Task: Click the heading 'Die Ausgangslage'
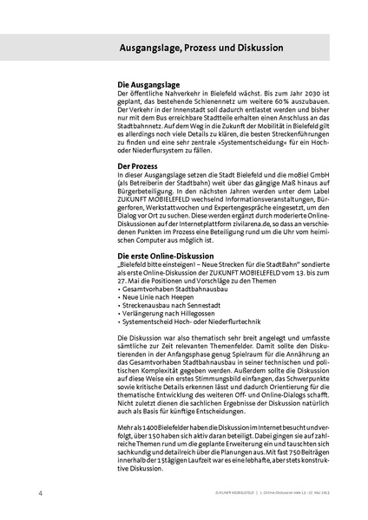[148, 84]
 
